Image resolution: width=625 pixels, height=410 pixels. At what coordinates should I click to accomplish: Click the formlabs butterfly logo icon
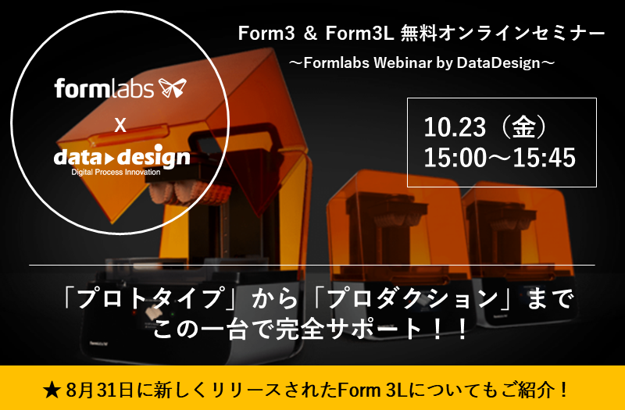(x=174, y=87)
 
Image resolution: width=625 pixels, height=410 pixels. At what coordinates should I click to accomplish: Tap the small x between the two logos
(x=120, y=124)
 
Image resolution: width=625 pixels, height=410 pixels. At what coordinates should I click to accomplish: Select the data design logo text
(x=122, y=158)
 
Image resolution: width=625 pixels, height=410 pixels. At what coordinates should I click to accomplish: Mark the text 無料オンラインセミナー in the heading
(x=501, y=34)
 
